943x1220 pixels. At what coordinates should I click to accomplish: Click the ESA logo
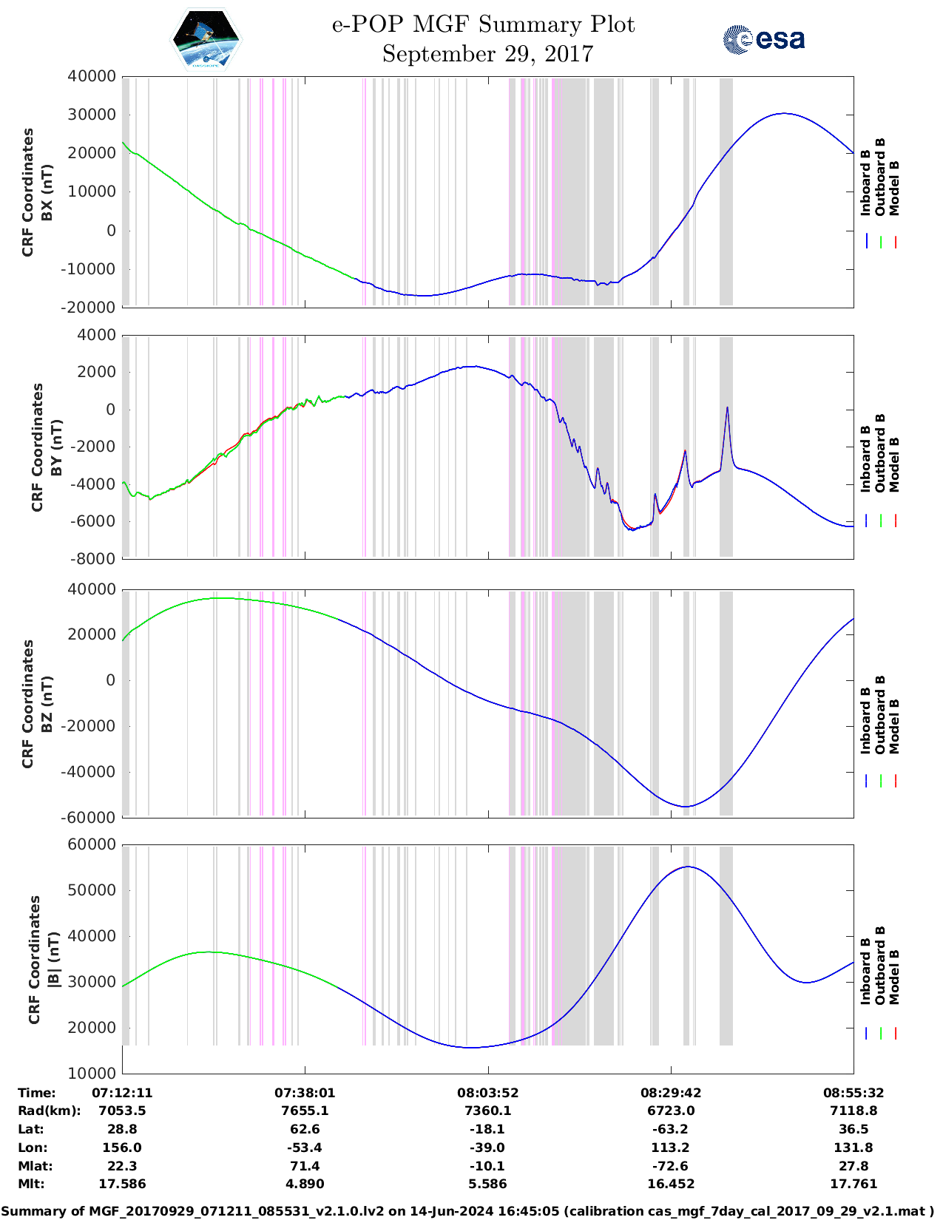pyautogui.click(x=763, y=39)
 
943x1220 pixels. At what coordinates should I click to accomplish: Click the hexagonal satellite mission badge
pyautogui.click(x=206, y=38)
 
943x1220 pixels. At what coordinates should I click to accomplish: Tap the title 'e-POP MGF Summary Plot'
pyautogui.click(x=483, y=24)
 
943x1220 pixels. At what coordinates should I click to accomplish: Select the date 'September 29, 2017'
pyautogui.click(x=487, y=54)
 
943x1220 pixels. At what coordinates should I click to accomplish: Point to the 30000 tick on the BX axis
pyautogui.click(x=92, y=115)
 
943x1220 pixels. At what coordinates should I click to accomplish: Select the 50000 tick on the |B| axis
pyautogui.click(x=92, y=890)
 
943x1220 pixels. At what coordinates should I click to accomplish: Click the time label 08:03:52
pyautogui.click(x=487, y=1093)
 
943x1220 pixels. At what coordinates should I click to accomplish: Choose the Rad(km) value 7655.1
pyautogui.click(x=305, y=1111)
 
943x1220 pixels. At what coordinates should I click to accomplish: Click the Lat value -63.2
pyautogui.click(x=670, y=1129)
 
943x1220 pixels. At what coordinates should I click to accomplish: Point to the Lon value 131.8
pyautogui.click(x=853, y=1148)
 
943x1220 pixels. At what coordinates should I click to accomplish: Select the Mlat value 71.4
pyautogui.click(x=305, y=1166)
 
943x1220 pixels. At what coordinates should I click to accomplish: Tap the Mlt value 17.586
pyautogui.click(x=122, y=1184)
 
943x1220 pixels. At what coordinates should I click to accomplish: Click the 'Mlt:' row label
pyautogui.click(x=31, y=1184)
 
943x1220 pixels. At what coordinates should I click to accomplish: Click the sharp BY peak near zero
pyautogui.click(x=727, y=408)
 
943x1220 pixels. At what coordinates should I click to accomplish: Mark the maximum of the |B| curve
pyautogui.click(x=688, y=867)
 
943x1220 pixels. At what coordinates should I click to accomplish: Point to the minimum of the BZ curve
pyautogui.click(x=686, y=807)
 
